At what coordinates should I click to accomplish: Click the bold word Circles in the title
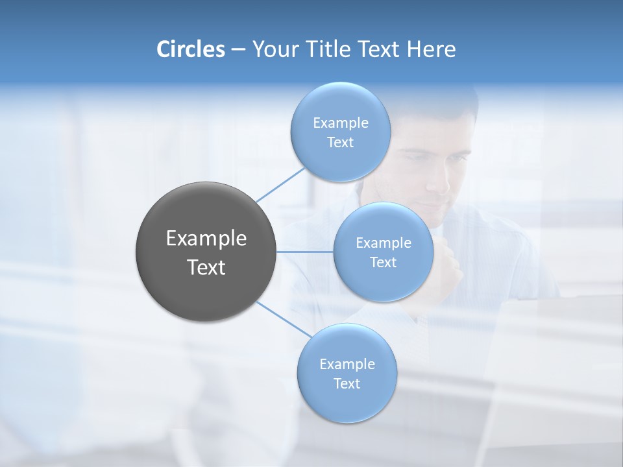tap(191, 49)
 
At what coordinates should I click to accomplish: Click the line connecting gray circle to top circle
tap(280, 184)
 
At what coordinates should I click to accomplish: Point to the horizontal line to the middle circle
tap(305, 251)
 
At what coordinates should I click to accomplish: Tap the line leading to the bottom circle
tap(284, 318)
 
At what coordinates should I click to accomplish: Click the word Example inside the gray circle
tap(206, 239)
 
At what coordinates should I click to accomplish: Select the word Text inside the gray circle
tap(206, 267)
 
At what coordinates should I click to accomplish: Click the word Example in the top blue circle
tap(340, 123)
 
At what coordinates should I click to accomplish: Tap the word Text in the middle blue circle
tap(383, 263)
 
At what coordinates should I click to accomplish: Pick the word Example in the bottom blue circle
tap(347, 365)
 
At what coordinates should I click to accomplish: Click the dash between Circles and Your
tap(238, 49)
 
